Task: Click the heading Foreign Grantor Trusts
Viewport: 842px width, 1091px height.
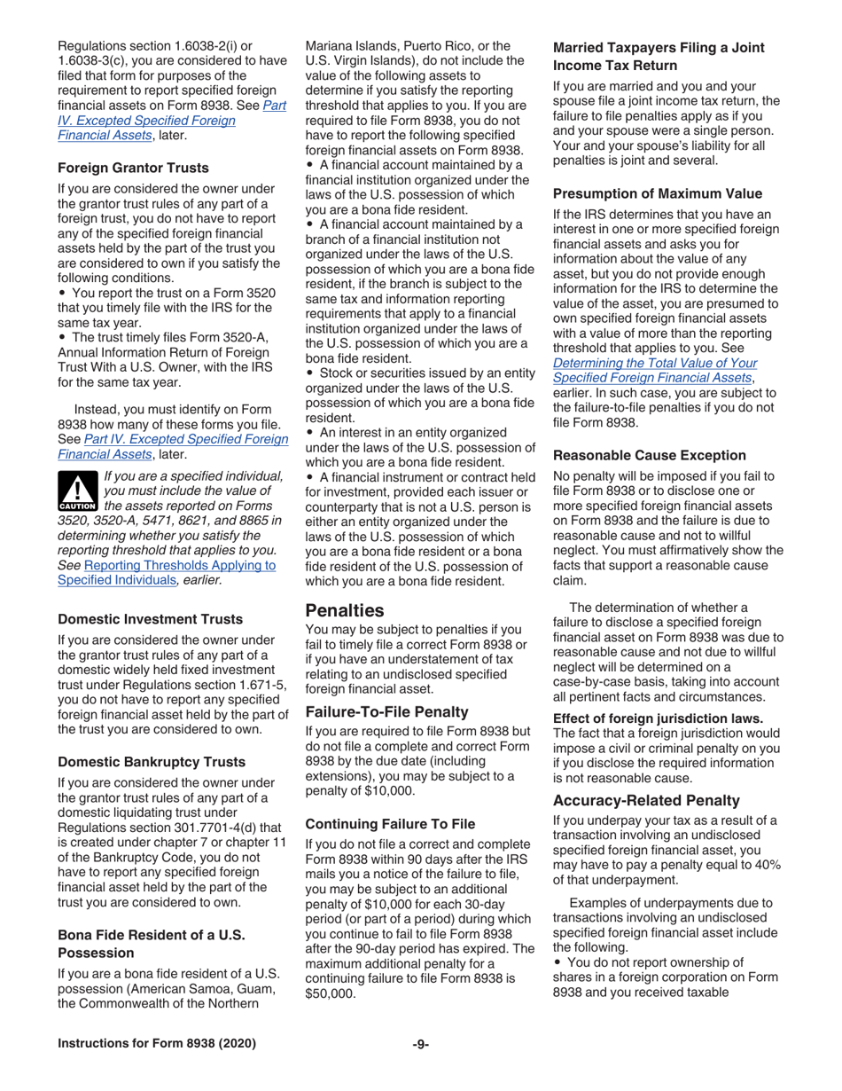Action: (133, 168)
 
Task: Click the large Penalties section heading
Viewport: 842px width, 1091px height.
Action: (345, 611)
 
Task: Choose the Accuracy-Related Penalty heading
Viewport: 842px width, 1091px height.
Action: (646, 799)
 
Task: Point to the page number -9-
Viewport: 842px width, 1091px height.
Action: (421, 1044)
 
